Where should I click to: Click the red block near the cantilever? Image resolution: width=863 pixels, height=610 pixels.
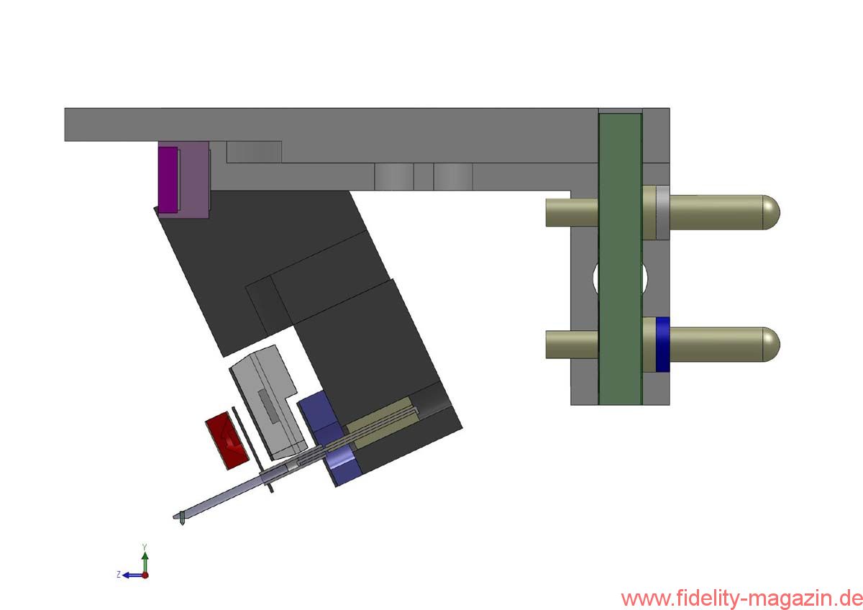point(227,440)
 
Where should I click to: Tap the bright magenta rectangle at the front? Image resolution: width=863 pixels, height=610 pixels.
point(168,180)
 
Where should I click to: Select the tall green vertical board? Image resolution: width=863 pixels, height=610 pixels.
point(620,259)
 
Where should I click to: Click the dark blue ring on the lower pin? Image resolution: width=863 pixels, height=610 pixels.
point(662,344)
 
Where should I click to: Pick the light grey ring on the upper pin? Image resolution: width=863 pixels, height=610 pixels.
point(662,212)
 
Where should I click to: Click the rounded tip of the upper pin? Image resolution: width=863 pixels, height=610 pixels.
point(771,212)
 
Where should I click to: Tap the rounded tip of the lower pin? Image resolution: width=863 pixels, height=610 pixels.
point(771,344)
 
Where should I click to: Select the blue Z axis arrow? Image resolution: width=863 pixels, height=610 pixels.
point(132,575)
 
